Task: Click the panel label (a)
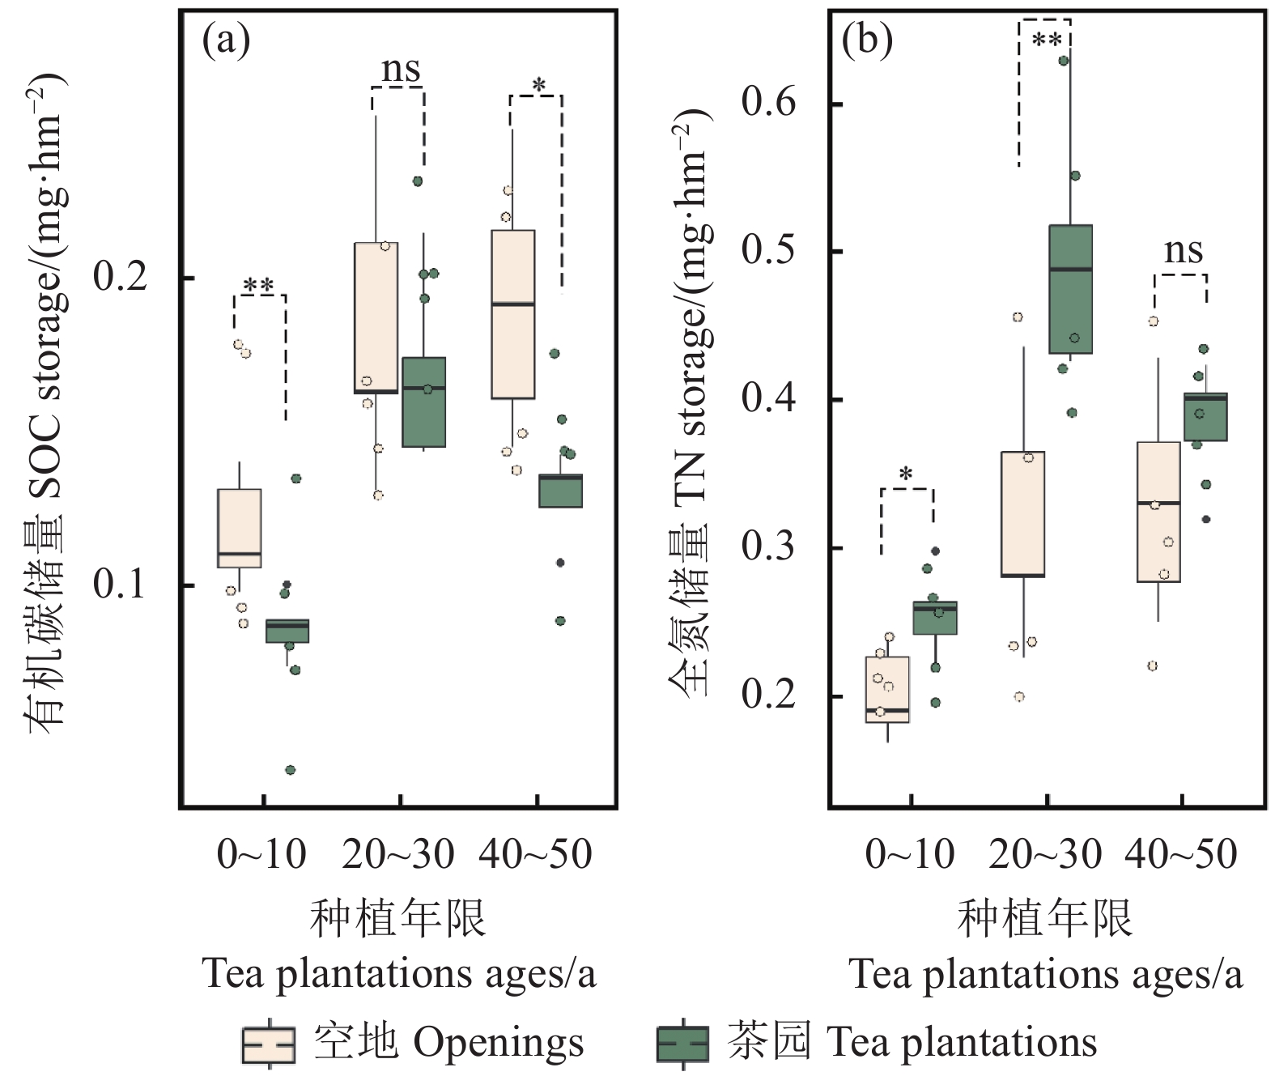tap(226, 40)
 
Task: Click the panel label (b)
tap(867, 40)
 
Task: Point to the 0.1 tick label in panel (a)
tap(120, 584)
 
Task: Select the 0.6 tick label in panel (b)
tap(768, 103)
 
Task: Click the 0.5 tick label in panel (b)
tap(768, 250)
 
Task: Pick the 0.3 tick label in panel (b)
tap(768, 547)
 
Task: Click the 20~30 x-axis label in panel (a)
tap(398, 855)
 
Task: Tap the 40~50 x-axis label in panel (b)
tap(1182, 855)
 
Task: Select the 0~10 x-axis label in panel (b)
tap(910, 855)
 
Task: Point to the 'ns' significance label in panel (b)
tap(1183, 251)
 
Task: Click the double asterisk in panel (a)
tap(259, 287)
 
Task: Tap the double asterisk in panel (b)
tap(1046, 40)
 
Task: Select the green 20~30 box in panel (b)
tap(1070, 289)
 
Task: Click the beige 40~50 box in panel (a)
tap(513, 314)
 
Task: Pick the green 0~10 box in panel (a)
tap(287, 631)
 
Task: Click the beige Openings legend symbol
tap(268, 1044)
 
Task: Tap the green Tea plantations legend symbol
tap(682, 1044)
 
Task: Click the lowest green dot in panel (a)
tap(291, 770)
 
